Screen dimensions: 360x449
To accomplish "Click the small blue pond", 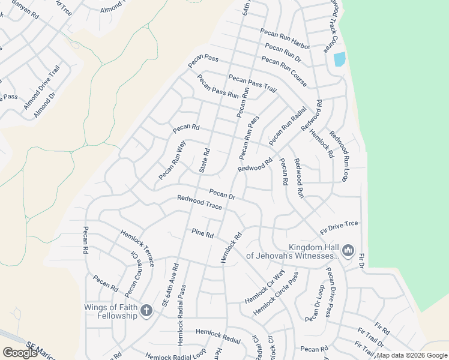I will click(339, 59).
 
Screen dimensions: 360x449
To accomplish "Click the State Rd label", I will click(204, 161).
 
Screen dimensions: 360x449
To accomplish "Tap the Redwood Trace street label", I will click(199, 203).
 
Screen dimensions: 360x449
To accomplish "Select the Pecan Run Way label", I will click(172, 160).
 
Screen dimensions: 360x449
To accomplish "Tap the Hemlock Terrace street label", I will click(137, 248).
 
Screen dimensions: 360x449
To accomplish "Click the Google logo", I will click(20, 353).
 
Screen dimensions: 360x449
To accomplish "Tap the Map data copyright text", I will click(412, 355).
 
